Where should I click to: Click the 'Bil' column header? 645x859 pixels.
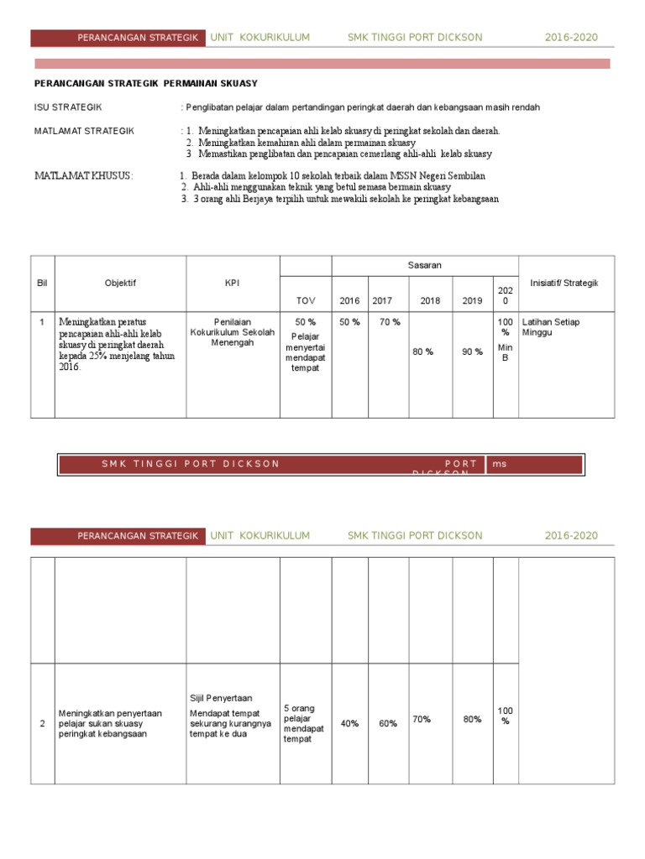pyautogui.click(x=43, y=283)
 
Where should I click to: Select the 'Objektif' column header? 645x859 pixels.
pyautogui.click(x=120, y=283)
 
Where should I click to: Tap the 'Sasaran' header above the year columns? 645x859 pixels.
pyautogui.click(x=425, y=265)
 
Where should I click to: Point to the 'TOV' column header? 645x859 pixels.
pyautogui.click(x=306, y=300)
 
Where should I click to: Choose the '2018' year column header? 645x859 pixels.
pyautogui.click(x=430, y=300)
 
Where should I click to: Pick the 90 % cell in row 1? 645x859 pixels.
pyautogui.click(x=472, y=351)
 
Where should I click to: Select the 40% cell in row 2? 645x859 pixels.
pyautogui.click(x=349, y=723)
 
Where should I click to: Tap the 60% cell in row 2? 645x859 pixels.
pyautogui.click(x=388, y=723)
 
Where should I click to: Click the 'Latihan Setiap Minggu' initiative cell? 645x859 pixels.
pyautogui.click(x=551, y=327)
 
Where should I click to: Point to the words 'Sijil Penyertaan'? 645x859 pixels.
pyautogui.click(x=221, y=698)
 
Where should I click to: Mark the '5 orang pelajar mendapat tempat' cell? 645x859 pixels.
pyautogui.click(x=305, y=723)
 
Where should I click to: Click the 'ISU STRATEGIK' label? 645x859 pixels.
pyautogui.click(x=68, y=107)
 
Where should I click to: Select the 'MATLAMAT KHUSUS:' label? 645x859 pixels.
pyautogui.click(x=83, y=175)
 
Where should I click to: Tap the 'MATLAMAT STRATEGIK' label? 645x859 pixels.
pyautogui.click(x=83, y=131)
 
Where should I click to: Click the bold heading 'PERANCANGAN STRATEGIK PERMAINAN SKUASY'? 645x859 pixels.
pyautogui.click(x=145, y=83)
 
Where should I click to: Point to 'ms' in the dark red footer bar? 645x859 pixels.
pyautogui.click(x=501, y=464)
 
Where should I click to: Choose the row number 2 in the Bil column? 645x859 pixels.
pyautogui.click(x=43, y=724)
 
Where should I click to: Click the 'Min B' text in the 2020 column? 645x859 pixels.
pyautogui.click(x=505, y=352)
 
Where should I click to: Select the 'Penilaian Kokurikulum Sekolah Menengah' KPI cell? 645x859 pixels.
pyautogui.click(x=233, y=332)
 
